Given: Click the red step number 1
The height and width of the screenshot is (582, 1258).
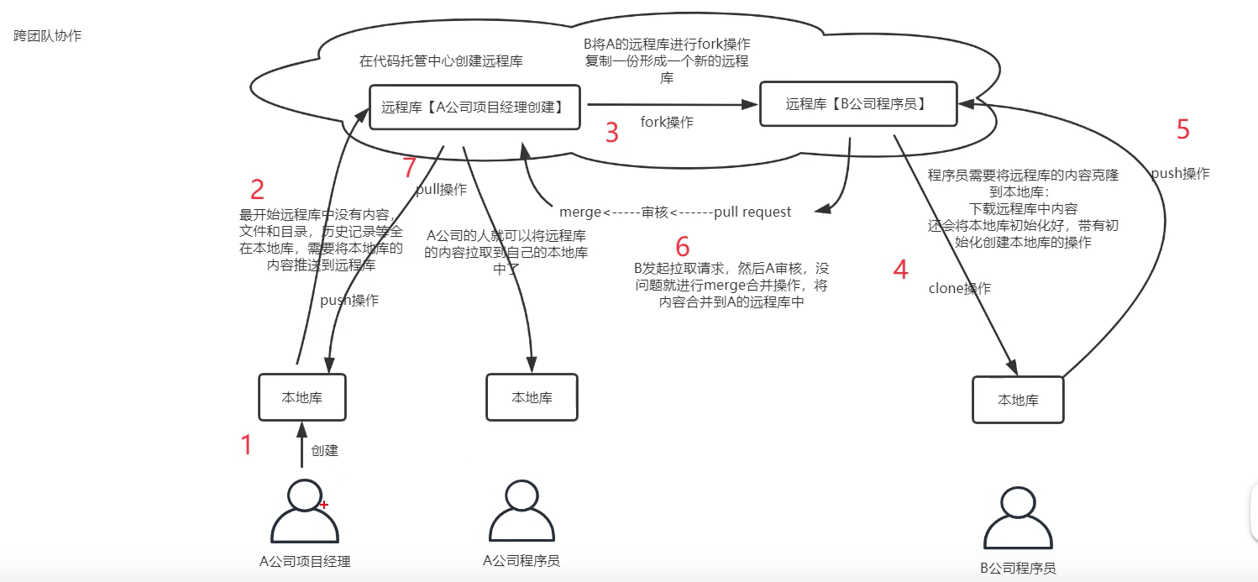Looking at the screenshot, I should pyautogui.click(x=246, y=445).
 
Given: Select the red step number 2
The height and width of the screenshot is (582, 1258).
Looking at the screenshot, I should pyautogui.click(x=258, y=189).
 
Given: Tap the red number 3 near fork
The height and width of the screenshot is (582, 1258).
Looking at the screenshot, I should pyautogui.click(x=612, y=133).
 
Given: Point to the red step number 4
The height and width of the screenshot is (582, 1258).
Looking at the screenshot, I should pyautogui.click(x=900, y=270).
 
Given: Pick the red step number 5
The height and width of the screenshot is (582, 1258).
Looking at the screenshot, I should pyautogui.click(x=1183, y=129).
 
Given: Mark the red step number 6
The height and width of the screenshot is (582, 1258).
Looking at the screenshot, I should pyautogui.click(x=682, y=247).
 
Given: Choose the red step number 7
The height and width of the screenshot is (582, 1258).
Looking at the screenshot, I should pyautogui.click(x=410, y=168).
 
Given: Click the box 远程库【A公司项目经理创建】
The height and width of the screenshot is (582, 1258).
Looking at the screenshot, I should pyautogui.click(x=474, y=107).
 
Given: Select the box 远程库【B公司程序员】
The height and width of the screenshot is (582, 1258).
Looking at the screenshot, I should pyautogui.click(x=858, y=104).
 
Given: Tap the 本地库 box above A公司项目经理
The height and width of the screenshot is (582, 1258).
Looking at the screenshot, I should pyautogui.click(x=302, y=397).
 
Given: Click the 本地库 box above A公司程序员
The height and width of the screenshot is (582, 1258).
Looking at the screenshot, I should pyautogui.click(x=532, y=397).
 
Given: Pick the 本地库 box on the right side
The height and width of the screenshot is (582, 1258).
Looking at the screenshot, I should pyautogui.click(x=1018, y=400).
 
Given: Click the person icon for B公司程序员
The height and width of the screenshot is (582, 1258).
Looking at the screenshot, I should pyautogui.click(x=1018, y=519).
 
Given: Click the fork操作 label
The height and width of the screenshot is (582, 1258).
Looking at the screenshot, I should pyautogui.click(x=667, y=122).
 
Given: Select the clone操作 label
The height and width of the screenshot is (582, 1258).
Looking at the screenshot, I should pyautogui.click(x=959, y=288).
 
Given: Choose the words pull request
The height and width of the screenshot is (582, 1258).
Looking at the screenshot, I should pyautogui.click(x=752, y=212).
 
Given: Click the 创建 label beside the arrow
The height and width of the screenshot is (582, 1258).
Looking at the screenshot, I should pyautogui.click(x=324, y=450).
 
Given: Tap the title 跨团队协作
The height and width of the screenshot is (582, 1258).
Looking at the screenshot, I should pyautogui.click(x=48, y=36).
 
